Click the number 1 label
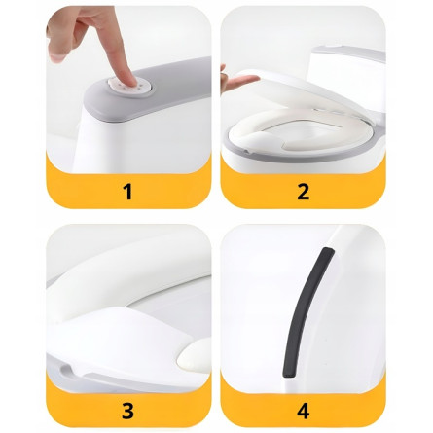128,192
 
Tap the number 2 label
303,192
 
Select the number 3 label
127,411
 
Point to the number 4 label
304,411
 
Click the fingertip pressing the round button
130,80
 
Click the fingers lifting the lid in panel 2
238,81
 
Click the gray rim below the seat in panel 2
246,154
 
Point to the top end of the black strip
328,251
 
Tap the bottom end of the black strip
289,374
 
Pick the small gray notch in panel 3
66,369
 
